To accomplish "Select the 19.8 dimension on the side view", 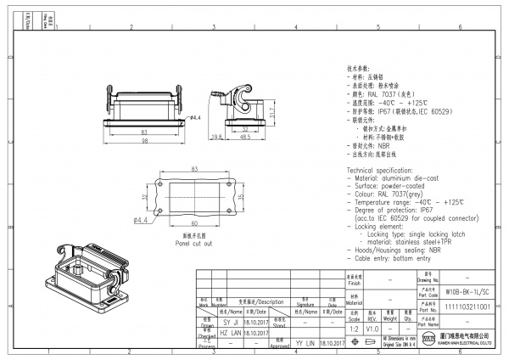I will (x=216, y=136).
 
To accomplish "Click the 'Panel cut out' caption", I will (x=193, y=242).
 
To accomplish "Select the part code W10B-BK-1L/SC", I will (x=467, y=290).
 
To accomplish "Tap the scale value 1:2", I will (x=351, y=327).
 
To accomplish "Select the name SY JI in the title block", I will (x=231, y=323).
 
